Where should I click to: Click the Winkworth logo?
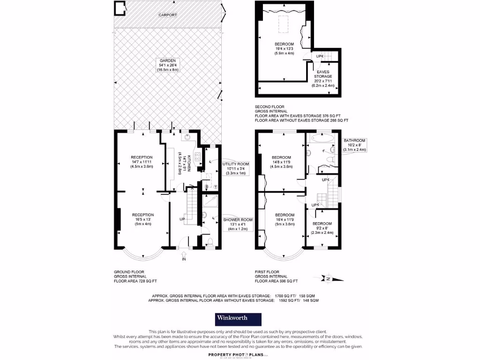[x=238, y=319]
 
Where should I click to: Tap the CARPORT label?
[x=167, y=15]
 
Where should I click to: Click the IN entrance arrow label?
[x=184, y=258]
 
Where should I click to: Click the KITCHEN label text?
[x=187, y=162]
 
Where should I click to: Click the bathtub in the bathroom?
[x=321, y=138]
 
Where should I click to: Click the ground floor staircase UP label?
[x=182, y=219]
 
